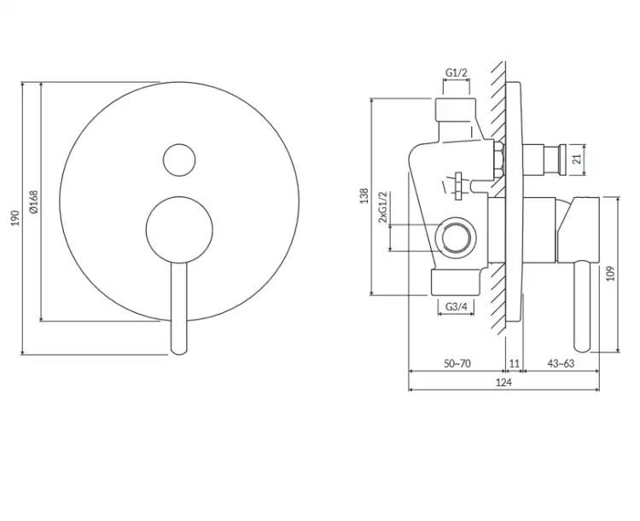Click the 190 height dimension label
click(15, 218)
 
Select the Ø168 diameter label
click(33, 201)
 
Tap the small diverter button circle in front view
click(179, 159)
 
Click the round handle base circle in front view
click(179, 229)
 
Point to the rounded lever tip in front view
click(179, 350)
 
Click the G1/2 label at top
click(456, 73)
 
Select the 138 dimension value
click(364, 196)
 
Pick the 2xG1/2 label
click(382, 207)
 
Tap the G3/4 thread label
click(456, 306)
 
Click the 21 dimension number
click(577, 159)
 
